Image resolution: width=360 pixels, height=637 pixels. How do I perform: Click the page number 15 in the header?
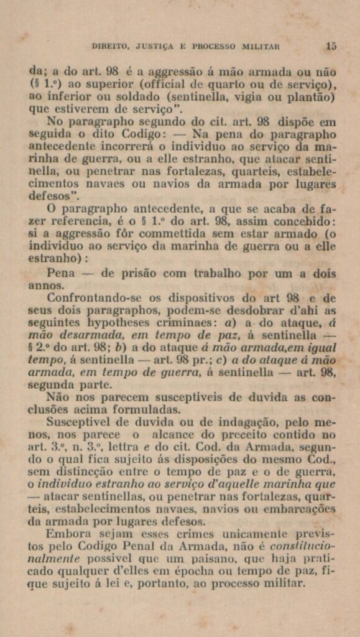point(331,45)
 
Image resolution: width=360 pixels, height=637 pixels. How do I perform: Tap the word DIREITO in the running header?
point(109,46)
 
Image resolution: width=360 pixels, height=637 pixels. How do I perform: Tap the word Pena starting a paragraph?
point(61,274)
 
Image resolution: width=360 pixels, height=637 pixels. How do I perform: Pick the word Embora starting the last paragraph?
point(66,534)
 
